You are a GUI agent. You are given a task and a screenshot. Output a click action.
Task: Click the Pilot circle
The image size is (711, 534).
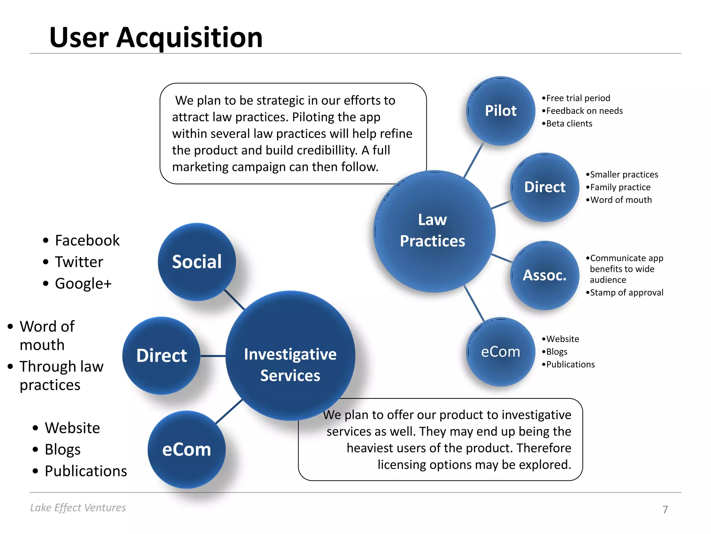tap(500, 111)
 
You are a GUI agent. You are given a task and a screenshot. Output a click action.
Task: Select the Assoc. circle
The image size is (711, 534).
tap(545, 275)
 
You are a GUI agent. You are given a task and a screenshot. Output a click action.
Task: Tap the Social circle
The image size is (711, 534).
tap(197, 262)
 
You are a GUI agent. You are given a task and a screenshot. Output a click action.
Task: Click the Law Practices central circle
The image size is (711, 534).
tap(434, 231)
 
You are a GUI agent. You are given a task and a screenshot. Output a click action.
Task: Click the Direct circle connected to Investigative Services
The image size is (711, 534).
tap(161, 356)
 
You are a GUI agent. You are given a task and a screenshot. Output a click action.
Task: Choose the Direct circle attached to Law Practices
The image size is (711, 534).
tap(545, 187)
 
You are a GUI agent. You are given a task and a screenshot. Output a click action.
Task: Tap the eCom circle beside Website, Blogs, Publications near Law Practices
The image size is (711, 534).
tap(500, 352)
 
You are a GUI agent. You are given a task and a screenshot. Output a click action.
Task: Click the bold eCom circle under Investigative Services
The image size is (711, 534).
tap(186, 450)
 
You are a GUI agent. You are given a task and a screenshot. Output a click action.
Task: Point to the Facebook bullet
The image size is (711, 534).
tap(87, 241)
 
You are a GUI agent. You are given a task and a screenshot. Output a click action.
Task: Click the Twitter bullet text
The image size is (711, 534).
tap(79, 262)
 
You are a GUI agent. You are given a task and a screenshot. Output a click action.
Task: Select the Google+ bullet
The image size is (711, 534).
tap(83, 284)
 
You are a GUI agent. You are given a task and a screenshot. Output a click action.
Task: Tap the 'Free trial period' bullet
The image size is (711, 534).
tap(578, 98)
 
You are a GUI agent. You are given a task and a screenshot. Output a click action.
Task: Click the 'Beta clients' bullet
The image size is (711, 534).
tap(569, 124)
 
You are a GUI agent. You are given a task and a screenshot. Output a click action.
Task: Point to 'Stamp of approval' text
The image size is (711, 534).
tap(627, 293)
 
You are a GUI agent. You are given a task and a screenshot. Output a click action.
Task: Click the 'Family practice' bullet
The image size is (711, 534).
tap(620, 187)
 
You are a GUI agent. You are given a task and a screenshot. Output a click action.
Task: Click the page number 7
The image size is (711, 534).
tap(665, 509)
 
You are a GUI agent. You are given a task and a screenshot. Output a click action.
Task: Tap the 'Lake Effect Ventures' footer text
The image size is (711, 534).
tap(78, 508)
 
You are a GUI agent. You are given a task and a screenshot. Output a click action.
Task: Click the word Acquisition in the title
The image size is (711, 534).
tap(190, 38)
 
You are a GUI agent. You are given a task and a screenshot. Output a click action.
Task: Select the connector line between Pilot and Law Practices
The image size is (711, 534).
tap(474, 160)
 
